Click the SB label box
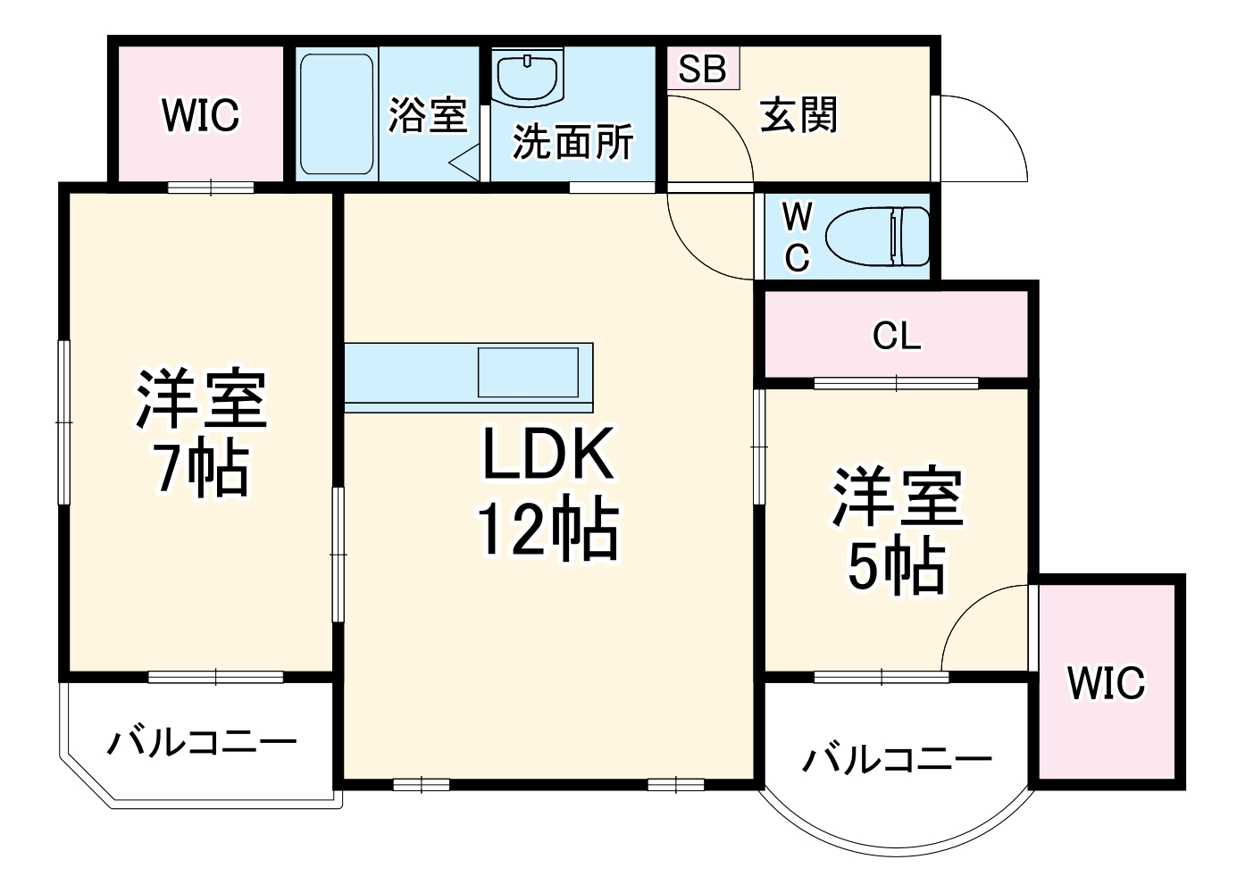(703, 69)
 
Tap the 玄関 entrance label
(798, 116)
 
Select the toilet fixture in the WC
(877, 237)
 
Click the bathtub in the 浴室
(336, 113)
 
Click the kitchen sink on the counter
(527, 372)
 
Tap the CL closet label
(896, 337)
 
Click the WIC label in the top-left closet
(201, 116)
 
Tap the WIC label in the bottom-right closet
(1106, 684)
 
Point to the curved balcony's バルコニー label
(897, 760)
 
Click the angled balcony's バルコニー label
(202, 742)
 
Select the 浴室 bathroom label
(428, 116)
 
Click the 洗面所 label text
(573, 142)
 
